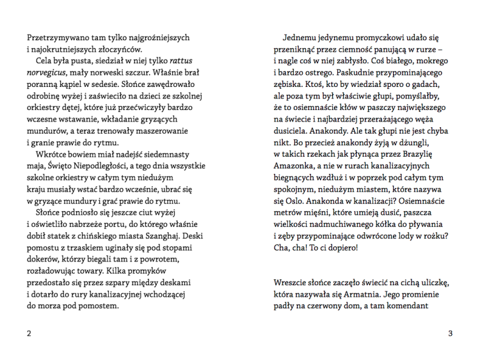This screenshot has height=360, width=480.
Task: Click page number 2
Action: tap(29, 333)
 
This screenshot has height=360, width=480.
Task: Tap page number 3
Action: tap(450, 333)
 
